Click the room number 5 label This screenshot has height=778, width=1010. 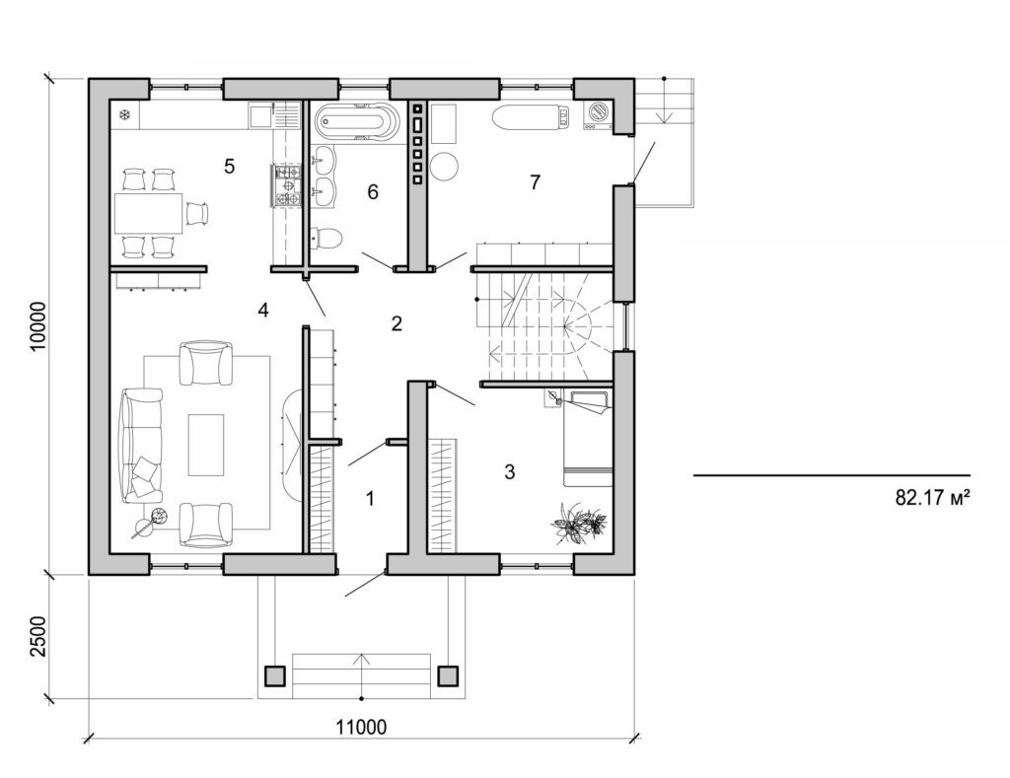229,166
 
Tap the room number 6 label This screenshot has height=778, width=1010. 373,191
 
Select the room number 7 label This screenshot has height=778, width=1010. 535,182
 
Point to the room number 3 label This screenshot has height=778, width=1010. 509,471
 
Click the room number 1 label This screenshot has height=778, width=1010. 370,499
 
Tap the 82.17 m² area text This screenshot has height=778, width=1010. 933,499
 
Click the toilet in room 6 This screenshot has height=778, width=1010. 326,238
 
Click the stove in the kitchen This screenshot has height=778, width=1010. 287,185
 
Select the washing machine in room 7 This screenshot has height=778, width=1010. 597,114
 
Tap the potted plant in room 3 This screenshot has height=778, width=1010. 578,522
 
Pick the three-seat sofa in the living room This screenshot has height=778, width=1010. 141,445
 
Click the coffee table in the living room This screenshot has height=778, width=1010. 205,444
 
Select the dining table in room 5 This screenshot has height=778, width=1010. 148,212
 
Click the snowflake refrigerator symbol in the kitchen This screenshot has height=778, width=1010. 125,115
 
